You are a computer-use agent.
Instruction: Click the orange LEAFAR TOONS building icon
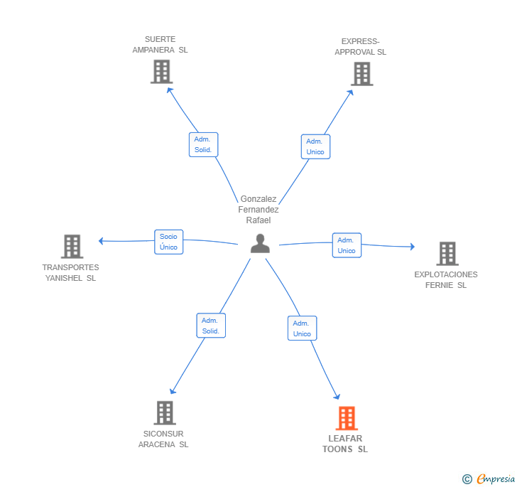tap(347, 418)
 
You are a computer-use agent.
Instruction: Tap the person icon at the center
tap(260, 243)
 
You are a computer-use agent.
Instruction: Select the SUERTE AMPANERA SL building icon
tap(162, 72)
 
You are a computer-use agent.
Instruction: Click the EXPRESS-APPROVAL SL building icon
tap(361, 74)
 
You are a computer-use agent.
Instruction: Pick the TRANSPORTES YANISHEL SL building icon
tap(72, 246)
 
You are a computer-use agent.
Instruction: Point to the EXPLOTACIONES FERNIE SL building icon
tap(447, 254)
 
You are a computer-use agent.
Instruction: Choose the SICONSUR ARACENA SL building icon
tap(165, 413)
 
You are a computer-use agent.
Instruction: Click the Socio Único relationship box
tap(169, 242)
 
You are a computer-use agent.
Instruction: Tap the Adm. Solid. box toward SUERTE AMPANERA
tap(203, 144)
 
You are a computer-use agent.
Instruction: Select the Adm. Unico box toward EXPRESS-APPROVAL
tap(315, 146)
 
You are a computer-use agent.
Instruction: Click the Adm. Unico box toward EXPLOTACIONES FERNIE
tap(347, 245)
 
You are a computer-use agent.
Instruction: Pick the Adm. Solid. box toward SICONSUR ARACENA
tap(211, 326)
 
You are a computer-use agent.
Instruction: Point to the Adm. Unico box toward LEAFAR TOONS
tap(302, 328)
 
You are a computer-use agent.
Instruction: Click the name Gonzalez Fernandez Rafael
tap(258, 209)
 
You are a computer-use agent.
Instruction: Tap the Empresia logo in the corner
tap(489, 478)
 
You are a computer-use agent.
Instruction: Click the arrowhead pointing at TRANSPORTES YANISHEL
tap(101, 241)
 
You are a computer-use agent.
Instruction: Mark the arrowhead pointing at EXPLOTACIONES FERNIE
tap(413, 246)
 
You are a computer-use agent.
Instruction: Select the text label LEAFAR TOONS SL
tap(345, 444)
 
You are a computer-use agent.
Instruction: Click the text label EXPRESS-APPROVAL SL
tap(360, 46)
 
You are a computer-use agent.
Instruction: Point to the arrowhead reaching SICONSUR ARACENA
tap(173, 391)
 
